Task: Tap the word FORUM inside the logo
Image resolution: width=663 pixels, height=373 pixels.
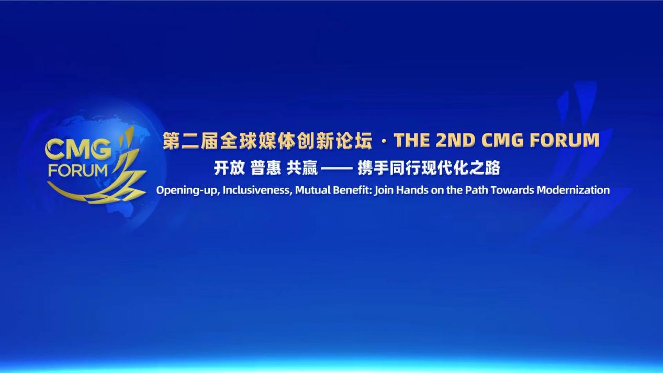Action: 78,170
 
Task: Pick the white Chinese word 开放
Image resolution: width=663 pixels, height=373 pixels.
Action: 229,168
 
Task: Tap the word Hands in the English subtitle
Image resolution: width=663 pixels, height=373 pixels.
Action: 411,190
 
